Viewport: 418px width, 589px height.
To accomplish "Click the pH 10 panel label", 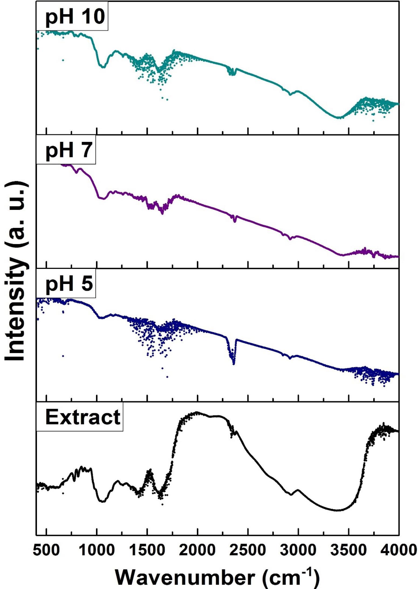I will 72,17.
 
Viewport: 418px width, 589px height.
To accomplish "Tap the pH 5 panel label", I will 66,284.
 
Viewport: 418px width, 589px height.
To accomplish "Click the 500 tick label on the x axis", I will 46,549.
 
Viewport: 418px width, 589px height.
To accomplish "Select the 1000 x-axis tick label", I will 97,549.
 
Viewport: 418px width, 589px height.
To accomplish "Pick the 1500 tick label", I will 147,549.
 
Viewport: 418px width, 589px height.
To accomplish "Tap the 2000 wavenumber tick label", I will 197,549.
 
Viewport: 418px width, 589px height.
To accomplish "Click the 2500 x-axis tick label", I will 248,549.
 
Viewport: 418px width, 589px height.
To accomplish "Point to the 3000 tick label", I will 298,549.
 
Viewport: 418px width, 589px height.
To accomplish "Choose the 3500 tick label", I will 348,549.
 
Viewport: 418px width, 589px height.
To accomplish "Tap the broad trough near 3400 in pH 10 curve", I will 338,118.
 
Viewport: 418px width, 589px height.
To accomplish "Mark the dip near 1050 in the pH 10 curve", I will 103,67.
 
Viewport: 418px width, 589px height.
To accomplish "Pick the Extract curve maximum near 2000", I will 197,413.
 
